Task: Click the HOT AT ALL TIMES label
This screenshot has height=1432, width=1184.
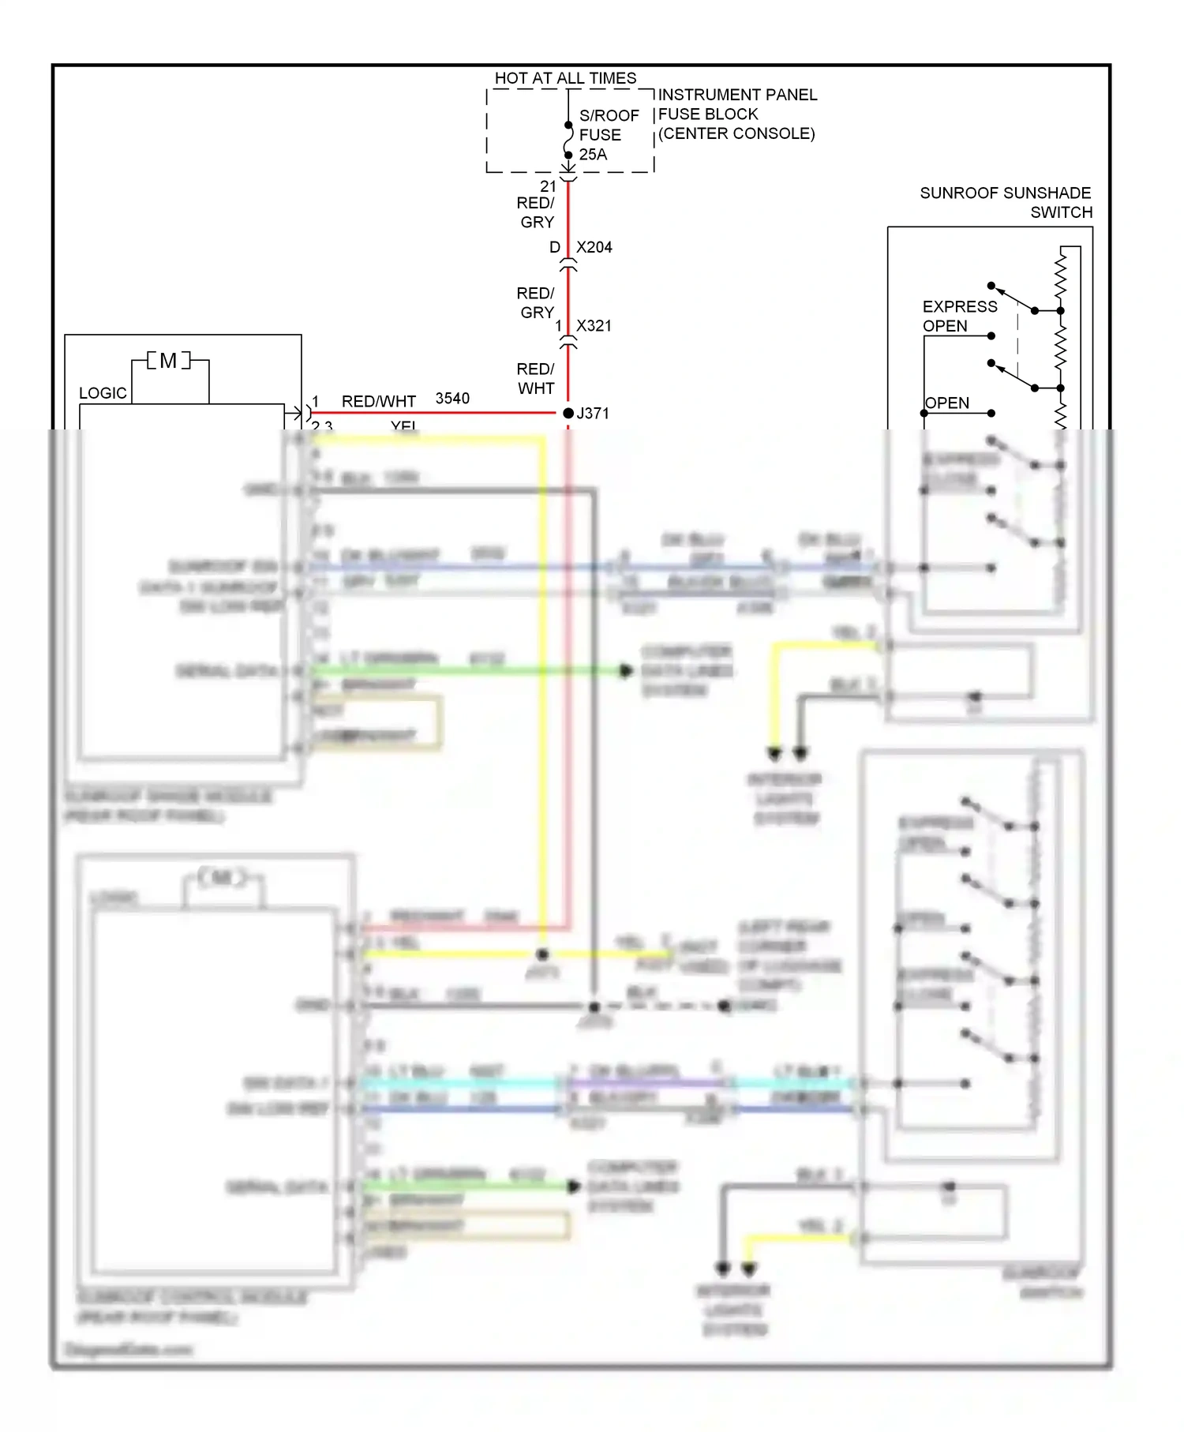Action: click(x=565, y=78)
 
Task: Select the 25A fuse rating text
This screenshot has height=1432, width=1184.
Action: click(x=593, y=155)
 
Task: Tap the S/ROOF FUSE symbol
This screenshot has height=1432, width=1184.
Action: click(x=568, y=140)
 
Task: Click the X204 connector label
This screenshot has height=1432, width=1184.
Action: click(x=594, y=247)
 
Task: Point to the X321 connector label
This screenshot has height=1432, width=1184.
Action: click(x=594, y=326)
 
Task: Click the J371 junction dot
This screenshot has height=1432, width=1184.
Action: click(x=568, y=413)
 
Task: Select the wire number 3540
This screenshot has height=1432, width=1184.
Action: click(x=452, y=399)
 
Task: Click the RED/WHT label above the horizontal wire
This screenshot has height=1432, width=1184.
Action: click(x=378, y=401)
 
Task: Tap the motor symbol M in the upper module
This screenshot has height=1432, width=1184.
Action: click(x=168, y=361)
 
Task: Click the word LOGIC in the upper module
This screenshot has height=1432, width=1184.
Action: click(x=103, y=393)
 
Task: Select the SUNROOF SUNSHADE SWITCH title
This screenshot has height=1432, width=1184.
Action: click(x=1006, y=202)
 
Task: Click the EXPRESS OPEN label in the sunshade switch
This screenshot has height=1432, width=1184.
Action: click(x=959, y=316)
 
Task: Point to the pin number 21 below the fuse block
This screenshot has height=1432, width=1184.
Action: click(x=548, y=186)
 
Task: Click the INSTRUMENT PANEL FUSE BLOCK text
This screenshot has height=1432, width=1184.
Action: click(x=736, y=114)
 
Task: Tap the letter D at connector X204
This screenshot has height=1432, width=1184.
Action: click(x=555, y=247)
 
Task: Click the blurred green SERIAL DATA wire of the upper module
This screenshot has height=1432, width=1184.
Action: click(x=466, y=671)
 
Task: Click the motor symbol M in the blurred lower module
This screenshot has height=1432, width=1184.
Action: click(x=223, y=877)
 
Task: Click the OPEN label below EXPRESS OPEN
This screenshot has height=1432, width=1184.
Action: click(x=946, y=403)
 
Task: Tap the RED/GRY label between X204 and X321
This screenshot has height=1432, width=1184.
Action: click(x=536, y=302)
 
